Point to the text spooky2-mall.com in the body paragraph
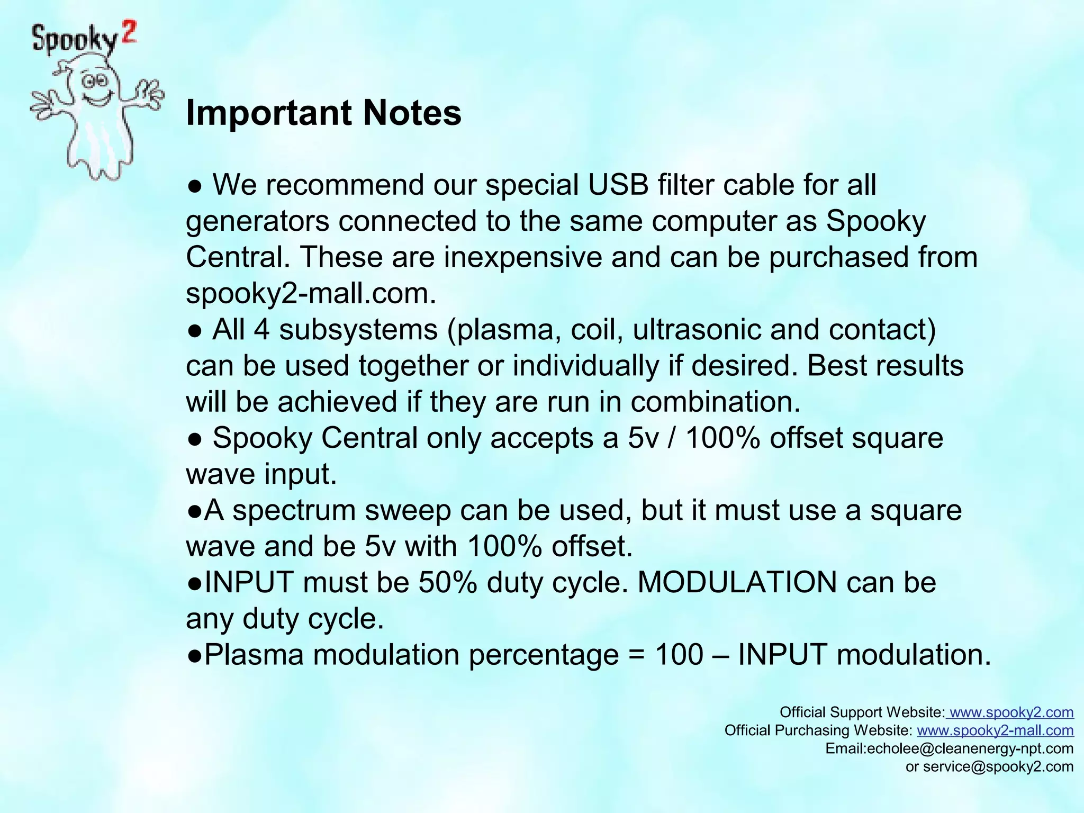pos(311,293)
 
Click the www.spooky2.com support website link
pos(1011,712)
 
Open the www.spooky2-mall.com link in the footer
pos(995,730)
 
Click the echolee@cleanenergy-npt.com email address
pos(970,748)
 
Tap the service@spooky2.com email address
pos(998,766)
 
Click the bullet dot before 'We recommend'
pos(194,186)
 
